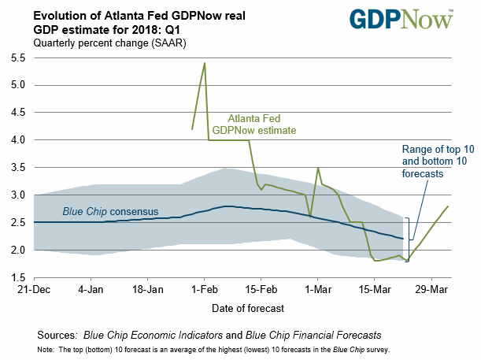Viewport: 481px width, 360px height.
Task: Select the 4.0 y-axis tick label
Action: pos(17,139)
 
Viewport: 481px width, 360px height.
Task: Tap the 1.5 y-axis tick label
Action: pos(17,276)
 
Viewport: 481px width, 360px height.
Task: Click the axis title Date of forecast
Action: pos(241,307)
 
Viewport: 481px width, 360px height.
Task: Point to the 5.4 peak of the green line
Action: pos(205,63)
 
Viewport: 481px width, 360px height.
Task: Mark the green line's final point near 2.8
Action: pos(448,206)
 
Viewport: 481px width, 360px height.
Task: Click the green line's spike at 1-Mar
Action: pos(317,168)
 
